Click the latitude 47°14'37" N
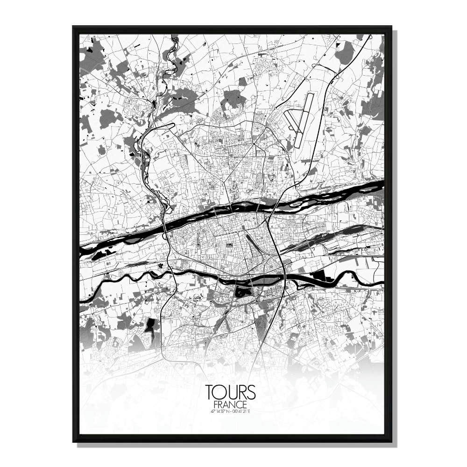coord(219,411)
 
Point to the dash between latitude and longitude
coord(230,411)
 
